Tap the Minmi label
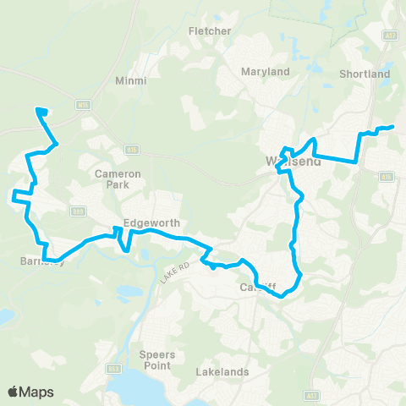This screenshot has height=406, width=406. click(130, 81)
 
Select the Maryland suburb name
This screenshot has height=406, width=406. click(265, 72)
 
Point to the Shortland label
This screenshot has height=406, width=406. click(365, 74)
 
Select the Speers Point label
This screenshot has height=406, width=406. click(157, 360)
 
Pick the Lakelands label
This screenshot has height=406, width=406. click(222, 371)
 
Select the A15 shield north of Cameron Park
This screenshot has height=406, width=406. click(132, 150)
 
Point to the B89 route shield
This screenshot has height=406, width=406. click(79, 211)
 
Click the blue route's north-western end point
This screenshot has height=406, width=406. click(37, 109)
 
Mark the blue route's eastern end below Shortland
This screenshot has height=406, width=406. click(392, 128)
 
